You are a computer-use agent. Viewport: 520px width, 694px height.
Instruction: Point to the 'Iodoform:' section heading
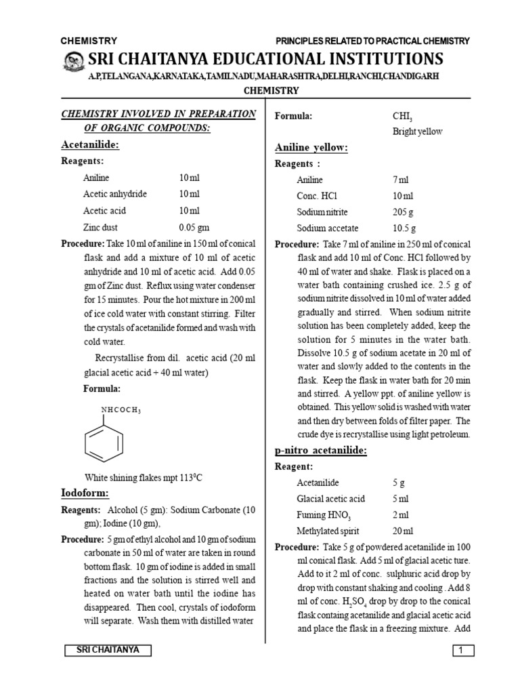(x=85, y=493)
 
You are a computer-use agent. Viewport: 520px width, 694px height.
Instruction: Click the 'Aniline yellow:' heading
(x=311, y=147)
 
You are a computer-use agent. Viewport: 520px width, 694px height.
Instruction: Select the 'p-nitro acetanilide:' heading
(x=320, y=450)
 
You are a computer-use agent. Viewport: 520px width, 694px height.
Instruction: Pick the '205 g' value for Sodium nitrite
(x=404, y=211)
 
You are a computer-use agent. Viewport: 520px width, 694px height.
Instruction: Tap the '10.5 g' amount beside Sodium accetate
(x=405, y=228)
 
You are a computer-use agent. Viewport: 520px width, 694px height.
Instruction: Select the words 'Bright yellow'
(x=417, y=131)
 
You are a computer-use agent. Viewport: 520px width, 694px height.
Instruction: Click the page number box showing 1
(x=461, y=651)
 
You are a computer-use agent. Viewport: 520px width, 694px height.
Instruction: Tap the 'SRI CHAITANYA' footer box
(x=108, y=650)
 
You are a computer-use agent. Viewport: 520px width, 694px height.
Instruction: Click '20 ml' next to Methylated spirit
(x=403, y=531)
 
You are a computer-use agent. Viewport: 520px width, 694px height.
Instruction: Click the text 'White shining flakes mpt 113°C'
(x=143, y=477)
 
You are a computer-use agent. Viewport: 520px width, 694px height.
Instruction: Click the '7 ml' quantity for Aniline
(x=400, y=180)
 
